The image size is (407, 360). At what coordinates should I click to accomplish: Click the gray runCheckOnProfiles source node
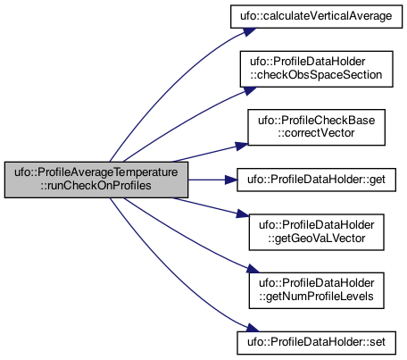(96, 180)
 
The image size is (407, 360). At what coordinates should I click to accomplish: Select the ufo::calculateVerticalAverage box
(316, 16)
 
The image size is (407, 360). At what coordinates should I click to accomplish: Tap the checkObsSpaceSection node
(316, 69)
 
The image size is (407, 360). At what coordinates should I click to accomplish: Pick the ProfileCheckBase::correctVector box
(316, 127)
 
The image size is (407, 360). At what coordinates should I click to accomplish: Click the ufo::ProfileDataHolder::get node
(316, 180)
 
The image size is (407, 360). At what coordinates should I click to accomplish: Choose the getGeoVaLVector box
(316, 232)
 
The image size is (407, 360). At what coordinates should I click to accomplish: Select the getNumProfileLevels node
(316, 290)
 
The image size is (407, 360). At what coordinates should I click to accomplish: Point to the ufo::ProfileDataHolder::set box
(316, 343)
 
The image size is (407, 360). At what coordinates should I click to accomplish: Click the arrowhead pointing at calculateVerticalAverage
(250, 31)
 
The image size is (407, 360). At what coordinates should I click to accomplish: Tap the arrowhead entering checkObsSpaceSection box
(250, 90)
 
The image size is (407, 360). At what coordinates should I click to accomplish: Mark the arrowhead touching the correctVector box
(242, 146)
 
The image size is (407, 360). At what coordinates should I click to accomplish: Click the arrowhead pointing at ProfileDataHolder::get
(231, 180)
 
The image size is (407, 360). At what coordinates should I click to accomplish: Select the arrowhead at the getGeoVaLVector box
(242, 213)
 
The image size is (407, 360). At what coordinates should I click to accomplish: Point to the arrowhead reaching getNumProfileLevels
(253, 269)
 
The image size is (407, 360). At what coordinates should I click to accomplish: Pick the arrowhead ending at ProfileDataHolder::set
(253, 328)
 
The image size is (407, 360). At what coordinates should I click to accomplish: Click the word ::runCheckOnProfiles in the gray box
(96, 186)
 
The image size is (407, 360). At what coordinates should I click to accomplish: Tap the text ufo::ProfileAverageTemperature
(96, 172)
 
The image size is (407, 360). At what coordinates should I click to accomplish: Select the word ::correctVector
(316, 133)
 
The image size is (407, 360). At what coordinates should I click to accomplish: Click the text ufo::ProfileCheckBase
(316, 121)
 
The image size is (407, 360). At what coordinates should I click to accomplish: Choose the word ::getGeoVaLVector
(316, 239)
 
